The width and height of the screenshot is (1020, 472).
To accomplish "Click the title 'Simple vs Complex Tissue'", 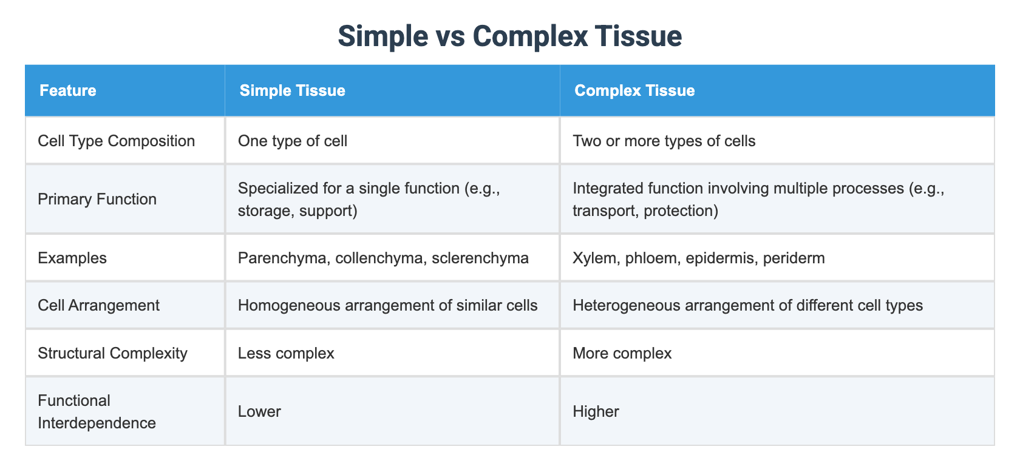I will click(x=509, y=36).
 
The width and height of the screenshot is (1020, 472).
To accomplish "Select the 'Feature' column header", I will click(x=67, y=91).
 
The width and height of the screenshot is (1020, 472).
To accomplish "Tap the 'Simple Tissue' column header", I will click(x=292, y=91).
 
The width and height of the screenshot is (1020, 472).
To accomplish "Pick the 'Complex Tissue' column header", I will click(x=634, y=91).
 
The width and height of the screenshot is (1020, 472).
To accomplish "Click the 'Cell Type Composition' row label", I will click(x=116, y=141).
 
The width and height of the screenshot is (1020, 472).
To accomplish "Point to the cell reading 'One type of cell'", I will click(x=292, y=141).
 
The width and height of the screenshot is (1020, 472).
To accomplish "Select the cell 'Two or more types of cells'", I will click(x=664, y=141).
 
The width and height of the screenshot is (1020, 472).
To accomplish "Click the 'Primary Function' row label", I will click(x=97, y=200).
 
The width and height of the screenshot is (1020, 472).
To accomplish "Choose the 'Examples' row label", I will click(x=72, y=258).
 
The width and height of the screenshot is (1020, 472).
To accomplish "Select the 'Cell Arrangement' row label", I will click(x=98, y=305).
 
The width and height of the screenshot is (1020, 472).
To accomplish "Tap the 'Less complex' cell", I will click(x=286, y=354).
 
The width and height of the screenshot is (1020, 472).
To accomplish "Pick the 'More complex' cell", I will click(x=622, y=354).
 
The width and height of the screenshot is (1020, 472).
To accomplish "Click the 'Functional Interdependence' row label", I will click(x=97, y=412).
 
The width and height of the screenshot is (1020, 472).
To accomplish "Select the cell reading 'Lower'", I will click(x=259, y=412).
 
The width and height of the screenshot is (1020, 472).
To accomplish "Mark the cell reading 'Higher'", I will click(x=596, y=412).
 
